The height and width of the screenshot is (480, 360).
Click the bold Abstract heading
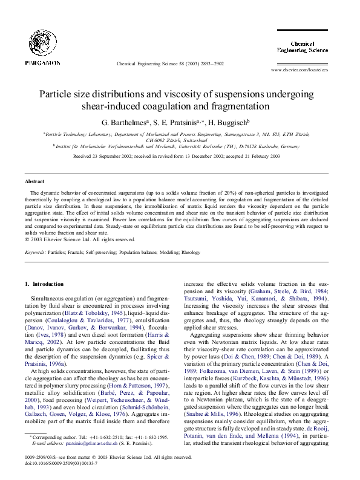tap(34, 181)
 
